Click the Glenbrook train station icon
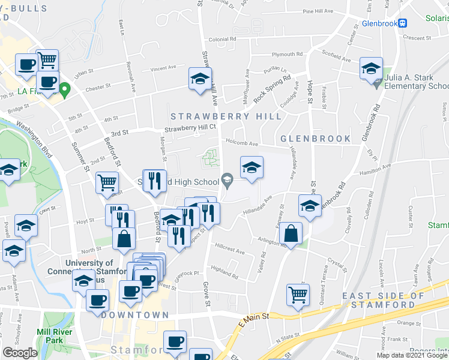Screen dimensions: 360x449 (x=403, y=23)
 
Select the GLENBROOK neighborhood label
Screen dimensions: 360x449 (x=316, y=139)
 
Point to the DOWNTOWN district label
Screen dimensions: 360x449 (x=135, y=315)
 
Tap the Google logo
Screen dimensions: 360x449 (x=20, y=353)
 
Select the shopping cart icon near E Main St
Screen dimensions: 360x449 (x=298, y=295)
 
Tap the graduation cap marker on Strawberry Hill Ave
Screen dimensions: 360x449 (x=200, y=79)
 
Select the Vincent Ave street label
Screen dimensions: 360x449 (x=164, y=68)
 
